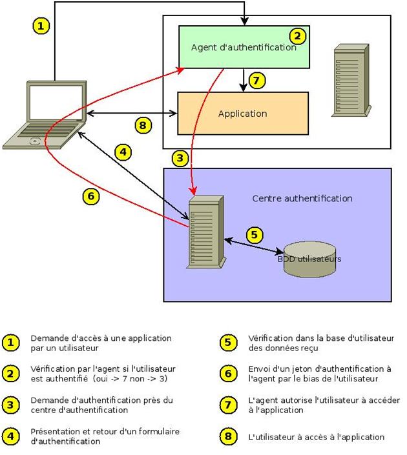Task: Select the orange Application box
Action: pyautogui.click(x=242, y=114)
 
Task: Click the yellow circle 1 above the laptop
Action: pyautogui.click(x=41, y=26)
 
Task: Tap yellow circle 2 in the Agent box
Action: pyautogui.click(x=297, y=36)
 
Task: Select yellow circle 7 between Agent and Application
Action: pyautogui.click(x=257, y=81)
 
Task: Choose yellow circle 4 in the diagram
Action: pyautogui.click(x=124, y=152)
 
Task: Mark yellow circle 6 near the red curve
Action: pyautogui.click(x=92, y=196)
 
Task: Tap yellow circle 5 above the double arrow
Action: pyautogui.click(x=256, y=234)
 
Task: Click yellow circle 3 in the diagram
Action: pyautogui.click(x=181, y=157)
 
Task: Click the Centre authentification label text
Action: pyautogui.click(x=302, y=198)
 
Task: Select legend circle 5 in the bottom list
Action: pyautogui.click(x=228, y=343)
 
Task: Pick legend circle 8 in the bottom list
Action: pyautogui.click(x=228, y=437)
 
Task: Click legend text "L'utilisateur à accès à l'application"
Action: pyautogui.click(x=316, y=437)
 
